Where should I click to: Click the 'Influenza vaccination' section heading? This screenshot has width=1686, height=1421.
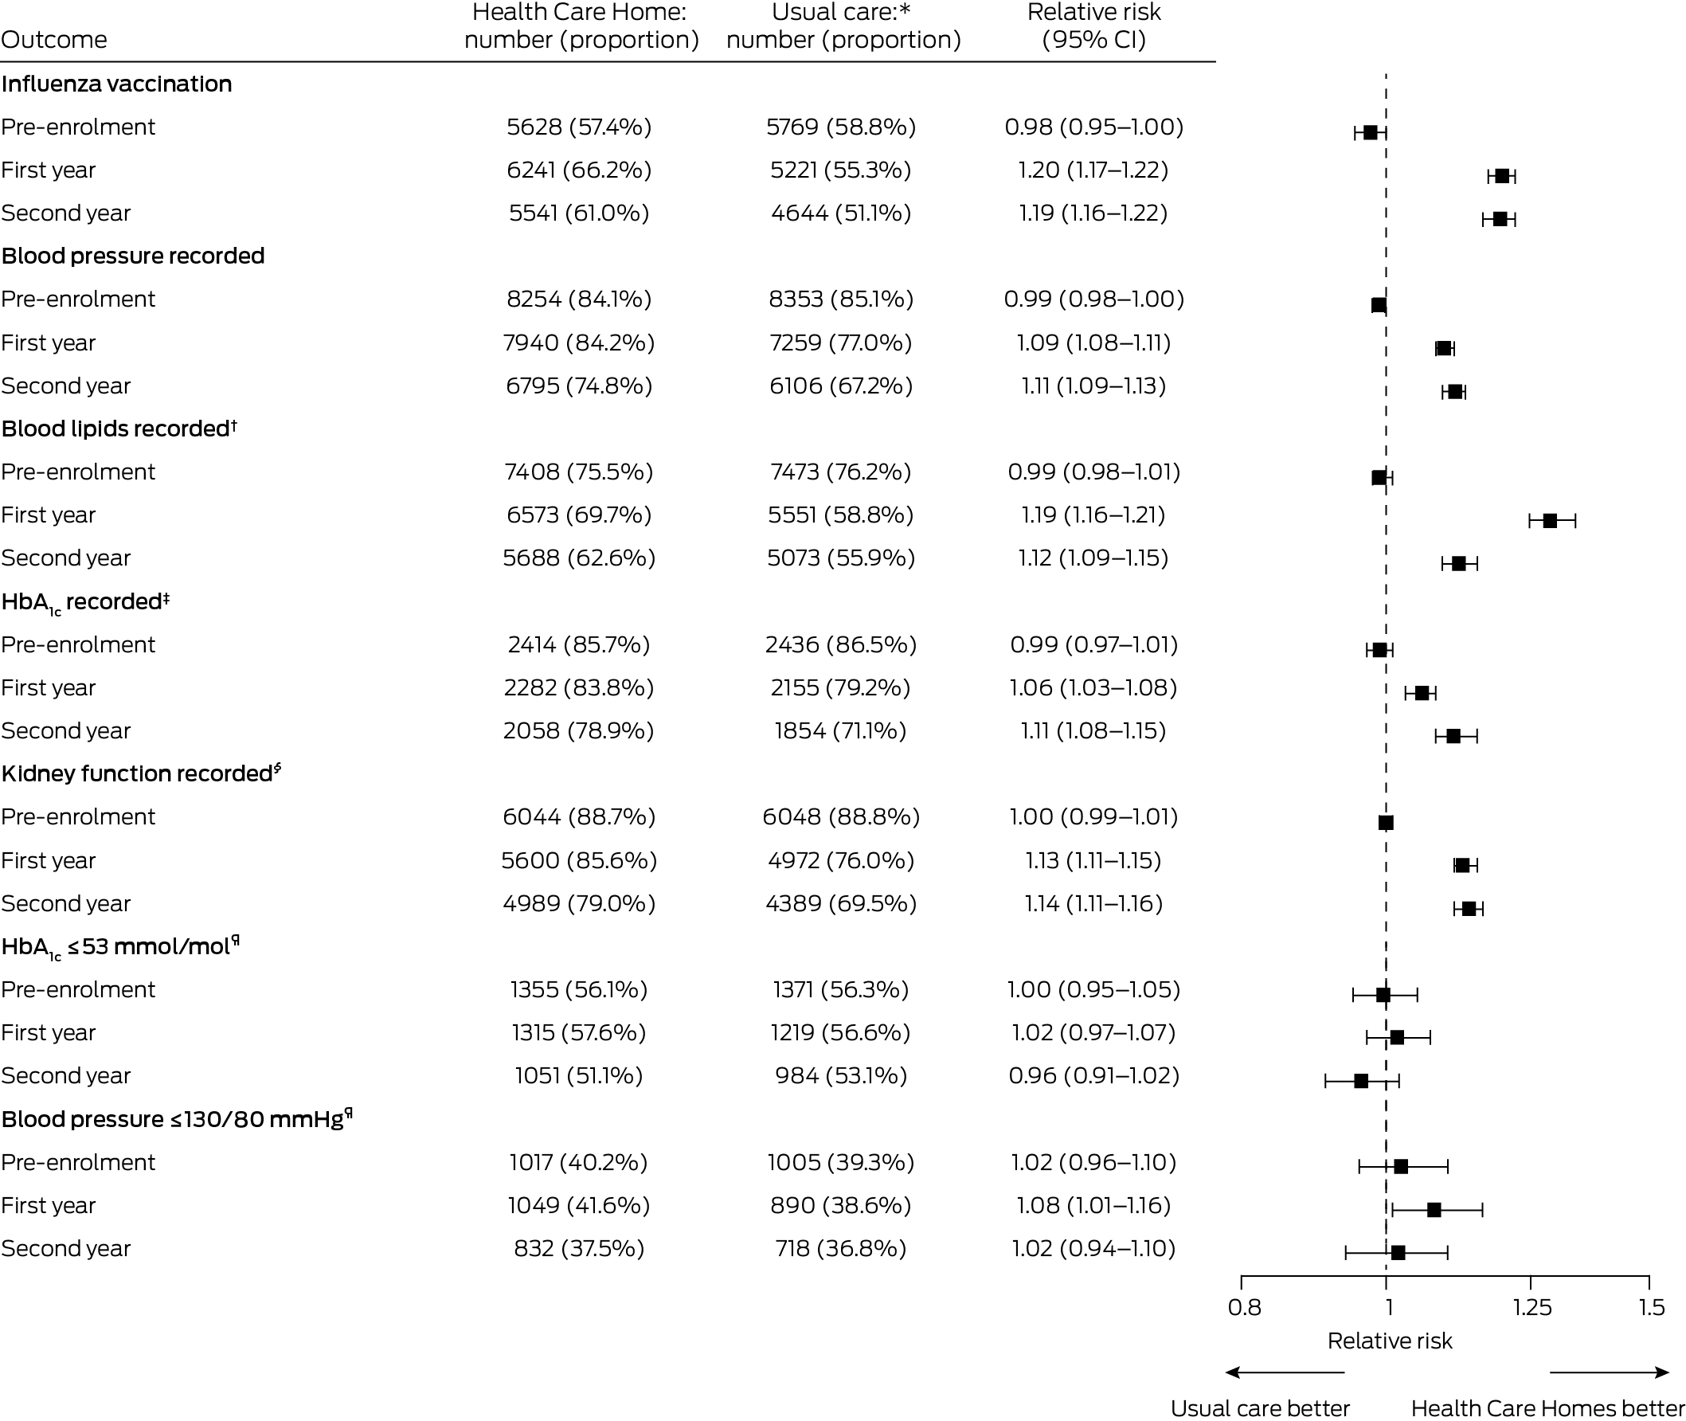(117, 84)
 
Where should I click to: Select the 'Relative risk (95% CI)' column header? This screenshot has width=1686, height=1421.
(1094, 25)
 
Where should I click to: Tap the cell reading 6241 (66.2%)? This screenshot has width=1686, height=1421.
(579, 170)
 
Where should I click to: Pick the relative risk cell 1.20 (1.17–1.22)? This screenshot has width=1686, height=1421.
(1093, 170)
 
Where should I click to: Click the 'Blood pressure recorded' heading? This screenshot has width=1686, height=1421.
(133, 256)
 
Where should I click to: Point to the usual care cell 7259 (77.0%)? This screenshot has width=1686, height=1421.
(841, 343)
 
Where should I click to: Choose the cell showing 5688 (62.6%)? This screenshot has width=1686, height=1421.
(579, 558)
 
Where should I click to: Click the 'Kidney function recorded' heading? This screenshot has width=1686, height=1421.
(141, 773)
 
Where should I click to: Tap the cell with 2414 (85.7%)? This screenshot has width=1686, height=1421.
(579, 644)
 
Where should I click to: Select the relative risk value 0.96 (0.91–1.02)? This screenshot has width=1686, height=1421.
(1094, 1075)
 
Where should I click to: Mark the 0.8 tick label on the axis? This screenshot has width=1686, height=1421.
(1245, 1306)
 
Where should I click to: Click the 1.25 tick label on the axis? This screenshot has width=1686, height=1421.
(1532, 1306)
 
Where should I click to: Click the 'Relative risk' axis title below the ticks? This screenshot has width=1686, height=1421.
(1390, 1341)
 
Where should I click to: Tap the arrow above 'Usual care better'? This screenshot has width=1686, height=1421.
(1285, 1372)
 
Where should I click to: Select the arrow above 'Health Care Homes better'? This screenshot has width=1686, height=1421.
(1610, 1372)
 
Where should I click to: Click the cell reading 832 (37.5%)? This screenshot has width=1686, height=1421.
(579, 1248)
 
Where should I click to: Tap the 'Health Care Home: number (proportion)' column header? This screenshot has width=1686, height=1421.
(581, 25)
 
